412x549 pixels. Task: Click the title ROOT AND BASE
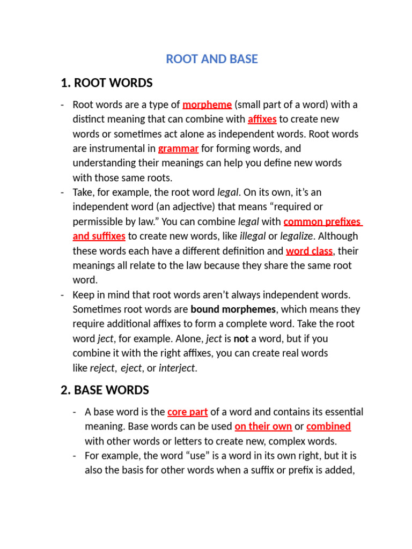click(212, 59)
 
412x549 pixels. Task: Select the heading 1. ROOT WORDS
click(107, 83)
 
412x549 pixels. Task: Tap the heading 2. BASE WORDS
click(105, 390)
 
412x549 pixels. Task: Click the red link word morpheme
click(207, 105)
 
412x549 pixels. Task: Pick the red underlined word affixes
click(262, 119)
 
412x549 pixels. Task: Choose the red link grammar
click(178, 149)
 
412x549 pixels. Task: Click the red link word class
click(309, 251)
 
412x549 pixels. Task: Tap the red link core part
click(187, 412)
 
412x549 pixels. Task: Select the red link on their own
click(263, 427)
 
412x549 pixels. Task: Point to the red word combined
click(328, 427)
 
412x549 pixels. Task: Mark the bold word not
click(241, 339)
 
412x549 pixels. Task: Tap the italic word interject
click(178, 368)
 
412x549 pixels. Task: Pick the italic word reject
click(102, 368)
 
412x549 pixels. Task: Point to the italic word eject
click(131, 368)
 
